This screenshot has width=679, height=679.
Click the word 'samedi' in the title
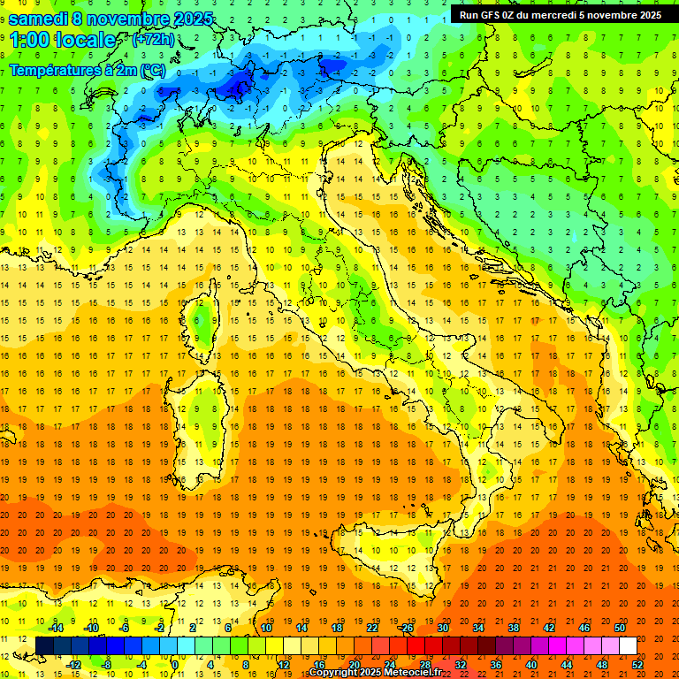coord(41,19)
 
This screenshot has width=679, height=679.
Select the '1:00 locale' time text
coord(63,40)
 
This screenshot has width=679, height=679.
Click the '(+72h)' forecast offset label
coord(153,40)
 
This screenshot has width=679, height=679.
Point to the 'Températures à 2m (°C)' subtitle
coord(87,70)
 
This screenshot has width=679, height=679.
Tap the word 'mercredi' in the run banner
coord(553,14)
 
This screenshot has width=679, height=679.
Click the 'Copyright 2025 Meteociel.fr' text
coord(375,673)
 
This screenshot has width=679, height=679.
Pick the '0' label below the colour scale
coord(175,665)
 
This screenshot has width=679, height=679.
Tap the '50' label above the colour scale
coord(619,628)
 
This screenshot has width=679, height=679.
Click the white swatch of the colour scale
coord(628,646)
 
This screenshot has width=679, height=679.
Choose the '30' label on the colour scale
coord(442,628)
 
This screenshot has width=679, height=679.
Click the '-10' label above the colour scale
coord(90,628)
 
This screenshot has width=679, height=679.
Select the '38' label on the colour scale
coord(513,628)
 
